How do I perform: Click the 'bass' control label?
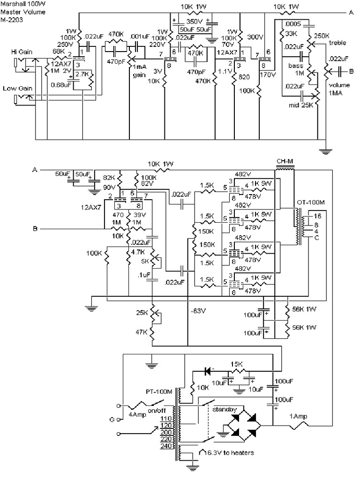[x=295, y=66]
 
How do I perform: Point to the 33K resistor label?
[x=291, y=34]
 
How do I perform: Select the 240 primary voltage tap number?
[x=165, y=446]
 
